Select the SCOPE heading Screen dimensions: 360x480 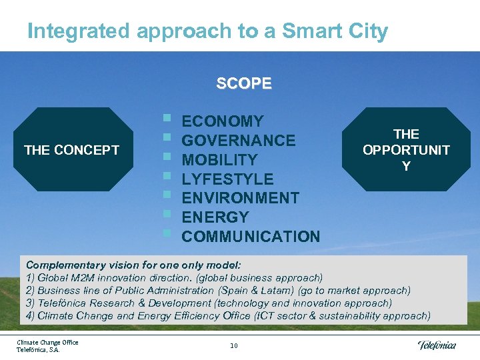(x=243, y=84)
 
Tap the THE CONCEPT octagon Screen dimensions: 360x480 (x=72, y=149)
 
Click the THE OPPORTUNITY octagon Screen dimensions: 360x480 (x=406, y=149)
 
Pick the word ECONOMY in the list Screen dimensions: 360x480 (x=223, y=121)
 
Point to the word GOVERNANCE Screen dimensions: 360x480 (x=239, y=141)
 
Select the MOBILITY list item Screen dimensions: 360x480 (x=219, y=160)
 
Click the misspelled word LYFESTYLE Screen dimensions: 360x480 (x=227, y=179)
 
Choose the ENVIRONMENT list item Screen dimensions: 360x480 (x=240, y=198)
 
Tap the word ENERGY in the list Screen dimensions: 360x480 (x=215, y=217)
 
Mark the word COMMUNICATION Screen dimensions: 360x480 (x=251, y=237)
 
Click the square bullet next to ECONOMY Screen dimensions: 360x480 (x=167, y=120)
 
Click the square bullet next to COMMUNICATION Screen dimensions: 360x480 (x=167, y=234)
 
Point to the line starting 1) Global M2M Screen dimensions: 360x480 (x=174, y=277)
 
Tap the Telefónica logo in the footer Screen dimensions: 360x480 (x=437, y=345)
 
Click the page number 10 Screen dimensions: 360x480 (x=233, y=345)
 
